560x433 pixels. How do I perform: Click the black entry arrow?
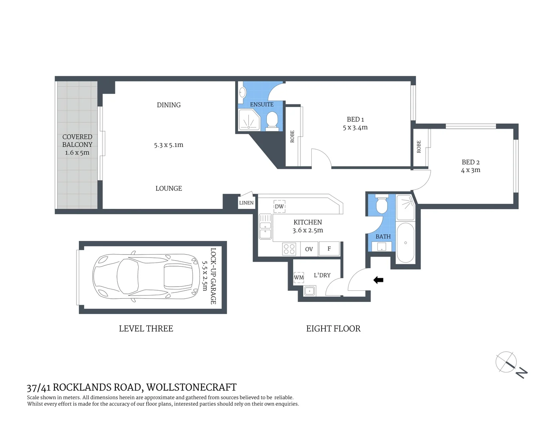(x=378, y=280)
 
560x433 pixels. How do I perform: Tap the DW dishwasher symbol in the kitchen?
(x=279, y=206)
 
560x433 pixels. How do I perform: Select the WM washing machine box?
(x=299, y=277)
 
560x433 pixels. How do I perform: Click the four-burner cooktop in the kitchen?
(x=289, y=249)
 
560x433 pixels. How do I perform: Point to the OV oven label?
(x=309, y=249)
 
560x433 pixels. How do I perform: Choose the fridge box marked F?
(x=329, y=249)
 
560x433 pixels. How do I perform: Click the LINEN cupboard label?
(x=246, y=203)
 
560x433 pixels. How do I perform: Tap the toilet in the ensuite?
(x=272, y=119)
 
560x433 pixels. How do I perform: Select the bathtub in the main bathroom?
(x=405, y=243)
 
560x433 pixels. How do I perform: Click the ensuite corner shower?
(x=249, y=120)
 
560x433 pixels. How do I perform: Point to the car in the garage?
(x=146, y=276)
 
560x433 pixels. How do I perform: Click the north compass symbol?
(x=511, y=365)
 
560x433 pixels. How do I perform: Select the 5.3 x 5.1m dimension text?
(x=169, y=145)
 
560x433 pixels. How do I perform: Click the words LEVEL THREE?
(x=146, y=328)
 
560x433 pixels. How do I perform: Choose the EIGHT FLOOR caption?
(x=333, y=328)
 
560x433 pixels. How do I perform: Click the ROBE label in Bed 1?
(x=292, y=136)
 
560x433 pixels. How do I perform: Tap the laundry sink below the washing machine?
(x=310, y=291)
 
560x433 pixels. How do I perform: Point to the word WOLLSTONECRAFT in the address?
(x=191, y=387)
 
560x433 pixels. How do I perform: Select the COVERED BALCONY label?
(x=77, y=141)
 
